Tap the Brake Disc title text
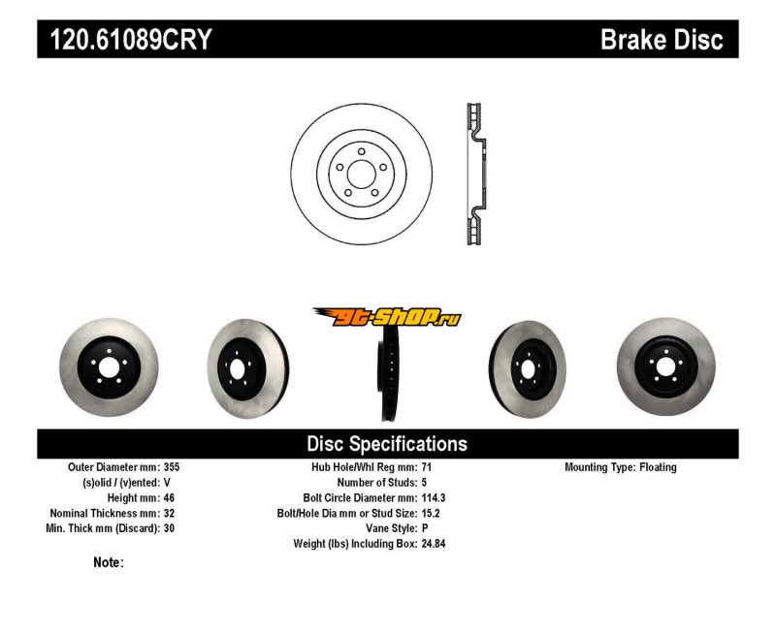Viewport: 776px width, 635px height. [662, 40]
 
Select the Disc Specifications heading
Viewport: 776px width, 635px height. [387, 444]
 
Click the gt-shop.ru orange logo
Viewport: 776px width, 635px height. [387, 317]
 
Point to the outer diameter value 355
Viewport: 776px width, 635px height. [172, 467]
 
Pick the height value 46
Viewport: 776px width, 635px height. [169, 497]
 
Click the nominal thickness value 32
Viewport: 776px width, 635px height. [169, 513]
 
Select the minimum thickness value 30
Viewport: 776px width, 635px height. [169, 528]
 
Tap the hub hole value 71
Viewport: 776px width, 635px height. [428, 467]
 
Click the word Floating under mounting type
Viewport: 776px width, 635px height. [658, 467]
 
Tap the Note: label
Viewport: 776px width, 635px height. [108, 562]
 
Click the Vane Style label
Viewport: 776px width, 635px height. [387, 528]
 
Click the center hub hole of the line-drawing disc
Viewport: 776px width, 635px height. [361, 175]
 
